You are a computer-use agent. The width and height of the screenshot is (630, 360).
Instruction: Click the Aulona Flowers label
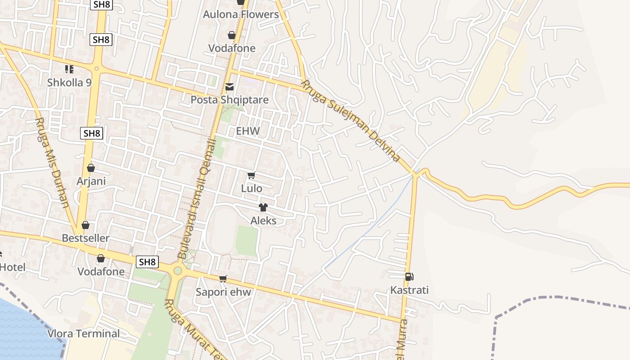[x=241, y=14]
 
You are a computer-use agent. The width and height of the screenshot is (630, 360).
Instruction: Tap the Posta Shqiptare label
[x=229, y=100]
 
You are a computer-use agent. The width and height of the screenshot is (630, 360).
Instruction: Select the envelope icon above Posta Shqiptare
[x=229, y=86]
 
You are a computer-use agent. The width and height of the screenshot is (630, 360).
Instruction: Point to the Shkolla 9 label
[x=69, y=82]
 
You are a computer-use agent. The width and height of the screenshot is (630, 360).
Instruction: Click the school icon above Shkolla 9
[x=69, y=69]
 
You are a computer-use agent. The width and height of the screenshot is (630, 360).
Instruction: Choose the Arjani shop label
[x=91, y=181]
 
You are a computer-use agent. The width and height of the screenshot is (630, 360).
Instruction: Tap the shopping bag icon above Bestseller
[x=85, y=225]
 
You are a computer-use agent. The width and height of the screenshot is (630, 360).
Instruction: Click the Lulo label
[x=252, y=189]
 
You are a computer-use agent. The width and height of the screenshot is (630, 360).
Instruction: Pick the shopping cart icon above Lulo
[x=252, y=175]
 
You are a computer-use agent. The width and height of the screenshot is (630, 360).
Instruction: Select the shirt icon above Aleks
[x=263, y=207]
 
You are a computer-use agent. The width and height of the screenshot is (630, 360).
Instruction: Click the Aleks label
[x=263, y=221]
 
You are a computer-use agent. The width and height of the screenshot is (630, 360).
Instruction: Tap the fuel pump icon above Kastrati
[x=409, y=277]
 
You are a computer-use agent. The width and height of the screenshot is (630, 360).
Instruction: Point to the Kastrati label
[x=409, y=290]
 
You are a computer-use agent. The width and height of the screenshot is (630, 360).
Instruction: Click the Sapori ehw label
[x=223, y=292]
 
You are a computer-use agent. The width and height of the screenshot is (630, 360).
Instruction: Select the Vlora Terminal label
[x=84, y=334]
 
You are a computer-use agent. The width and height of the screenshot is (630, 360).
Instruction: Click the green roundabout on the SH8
[x=177, y=270]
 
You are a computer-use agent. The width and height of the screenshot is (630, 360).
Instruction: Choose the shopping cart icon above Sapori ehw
[x=223, y=279]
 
